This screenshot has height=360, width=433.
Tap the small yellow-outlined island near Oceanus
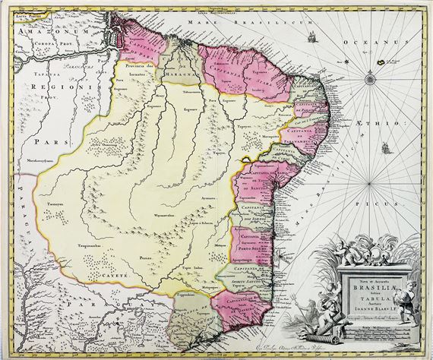coord(378,57)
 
